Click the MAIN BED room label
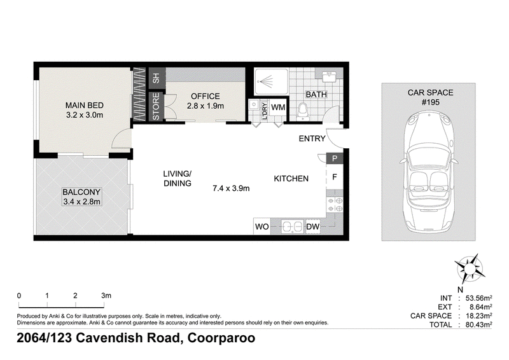pyautogui.click(x=85, y=105)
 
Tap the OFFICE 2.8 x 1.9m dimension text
pyautogui.click(x=205, y=106)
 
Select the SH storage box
pyautogui.click(x=157, y=78)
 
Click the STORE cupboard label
pyautogui.click(x=156, y=106)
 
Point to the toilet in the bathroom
pyautogui.click(x=303, y=111)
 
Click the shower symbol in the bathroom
pyautogui.click(x=271, y=81)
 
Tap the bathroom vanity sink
pyautogui.click(x=330, y=76)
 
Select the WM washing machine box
pyautogui.click(x=278, y=107)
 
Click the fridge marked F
pyautogui.click(x=335, y=177)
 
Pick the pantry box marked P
pyautogui.click(x=335, y=158)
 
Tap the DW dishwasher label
pyautogui.click(x=313, y=226)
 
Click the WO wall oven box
pyautogui.click(x=261, y=226)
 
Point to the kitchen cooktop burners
pyautogui.click(x=335, y=205)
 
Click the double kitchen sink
pyautogui.click(x=293, y=226)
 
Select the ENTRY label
pyautogui.click(x=312, y=139)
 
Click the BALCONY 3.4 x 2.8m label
pyautogui.click(x=81, y=197)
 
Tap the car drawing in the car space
pyautogui.click(x=428, y=170)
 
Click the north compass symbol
pyautogui.click(x=469, y=269)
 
